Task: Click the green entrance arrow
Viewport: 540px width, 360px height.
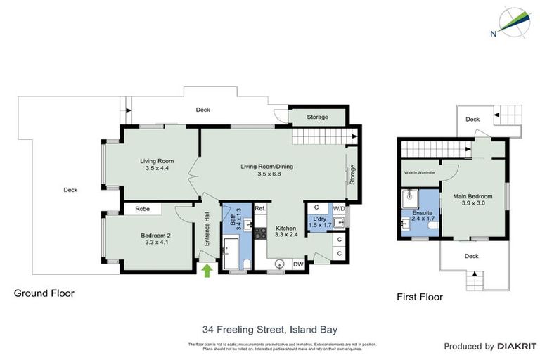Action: pyautogui.click(x=207, y=269)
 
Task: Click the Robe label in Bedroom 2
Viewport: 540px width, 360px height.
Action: pyautogui.click(x=142, y=209)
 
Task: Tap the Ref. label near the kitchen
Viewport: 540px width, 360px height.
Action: pyautogui.click(x=259, y=208)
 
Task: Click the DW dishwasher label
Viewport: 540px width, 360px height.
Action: pyautogui.click(x=298, y=264)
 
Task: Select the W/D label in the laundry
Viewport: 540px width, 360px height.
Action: pyautogui.click(x=339, y=208)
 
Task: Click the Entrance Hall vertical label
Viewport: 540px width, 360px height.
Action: pyautogui.click(x=207, y=229)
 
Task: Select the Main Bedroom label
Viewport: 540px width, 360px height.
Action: pyautogui.click(x=472, y=199)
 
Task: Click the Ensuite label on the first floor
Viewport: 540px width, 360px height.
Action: pyautogui.click(x=423, y=215)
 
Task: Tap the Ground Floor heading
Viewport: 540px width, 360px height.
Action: pyautogui.click(x=44, y=293)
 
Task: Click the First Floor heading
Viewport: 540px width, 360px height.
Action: pyautogui.click(x=420, y=297)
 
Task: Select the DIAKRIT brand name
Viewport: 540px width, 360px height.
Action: pyautogui.click(x=517, y=346)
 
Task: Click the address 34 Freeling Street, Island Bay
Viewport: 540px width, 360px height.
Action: pyautogui.click(x=270, y=328)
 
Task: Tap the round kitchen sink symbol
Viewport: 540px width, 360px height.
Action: pyautogui.click(x=279, y=265)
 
